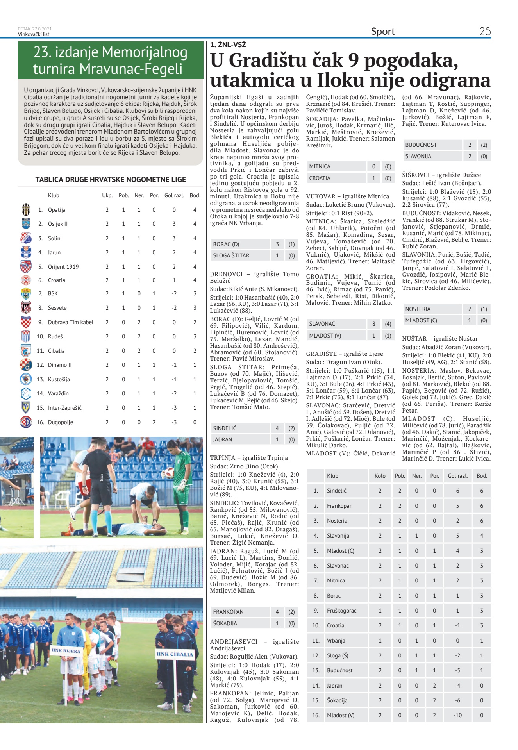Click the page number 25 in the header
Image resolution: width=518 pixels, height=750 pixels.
485,31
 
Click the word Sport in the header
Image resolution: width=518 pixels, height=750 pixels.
382,31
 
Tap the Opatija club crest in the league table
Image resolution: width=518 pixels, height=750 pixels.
26,209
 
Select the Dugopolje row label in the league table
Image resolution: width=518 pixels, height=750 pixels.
60,422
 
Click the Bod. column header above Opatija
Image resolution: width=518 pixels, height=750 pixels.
195,195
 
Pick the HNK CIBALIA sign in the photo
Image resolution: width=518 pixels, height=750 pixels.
175,654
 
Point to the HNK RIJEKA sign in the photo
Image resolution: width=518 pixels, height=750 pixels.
66,651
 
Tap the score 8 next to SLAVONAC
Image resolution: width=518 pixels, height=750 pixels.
373,324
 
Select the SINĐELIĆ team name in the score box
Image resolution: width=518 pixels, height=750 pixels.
225,428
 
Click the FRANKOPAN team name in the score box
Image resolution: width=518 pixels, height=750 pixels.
228,612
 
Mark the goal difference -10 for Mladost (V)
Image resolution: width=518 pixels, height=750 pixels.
457,715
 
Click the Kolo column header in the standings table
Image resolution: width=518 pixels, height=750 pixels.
380,476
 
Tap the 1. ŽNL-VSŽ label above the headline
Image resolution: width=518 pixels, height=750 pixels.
228,45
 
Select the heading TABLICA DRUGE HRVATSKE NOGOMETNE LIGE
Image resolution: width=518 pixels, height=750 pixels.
111,180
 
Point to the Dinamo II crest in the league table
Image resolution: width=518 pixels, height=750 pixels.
26,365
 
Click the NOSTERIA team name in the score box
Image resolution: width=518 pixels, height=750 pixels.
418,309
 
